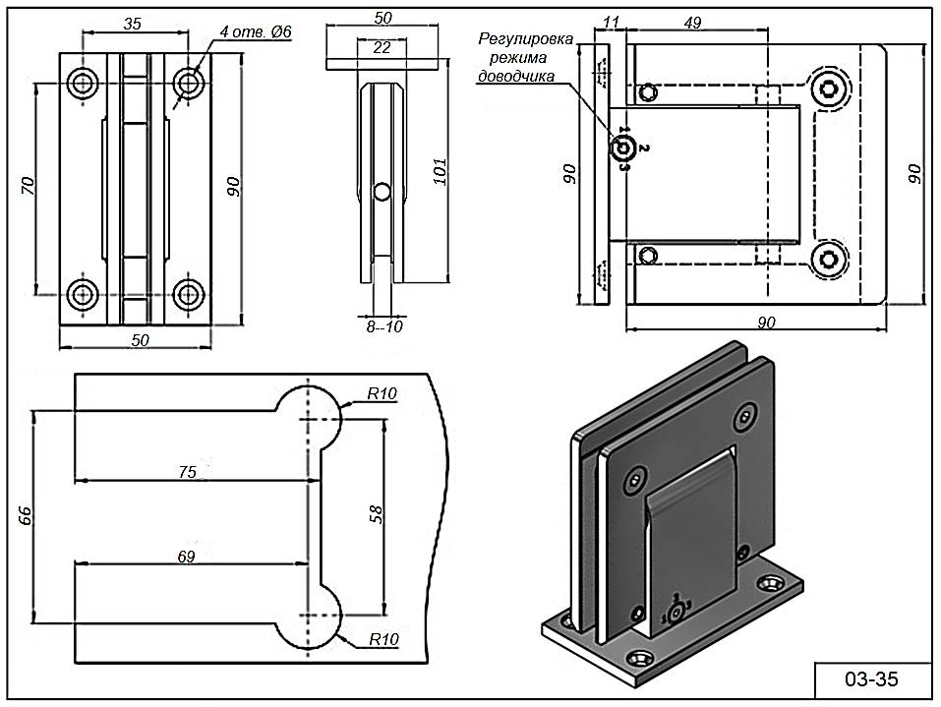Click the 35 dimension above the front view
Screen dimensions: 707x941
[x=135, y=23]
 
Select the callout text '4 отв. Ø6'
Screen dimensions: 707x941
[x=256, y=32]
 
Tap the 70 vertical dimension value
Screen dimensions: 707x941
[x=29, y=186]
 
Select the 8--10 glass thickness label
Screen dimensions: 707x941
[x=384, y=326]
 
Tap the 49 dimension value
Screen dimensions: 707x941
[x=692, y=24]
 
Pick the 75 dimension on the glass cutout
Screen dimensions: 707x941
[x=188, y=472]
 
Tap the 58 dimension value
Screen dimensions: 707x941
[x=374, y=514]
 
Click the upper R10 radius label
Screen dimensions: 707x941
[x=382, y=394]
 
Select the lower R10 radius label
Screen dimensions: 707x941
[x=383, y=639]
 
